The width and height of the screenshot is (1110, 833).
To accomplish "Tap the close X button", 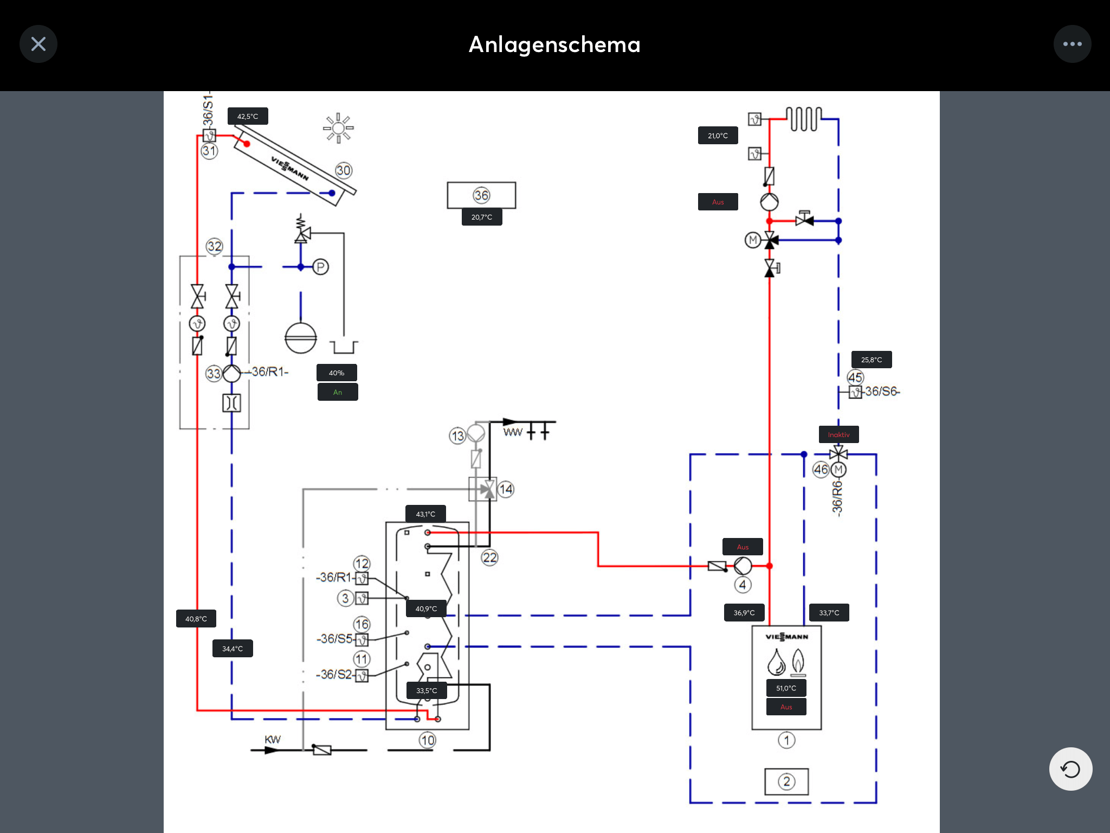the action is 38,44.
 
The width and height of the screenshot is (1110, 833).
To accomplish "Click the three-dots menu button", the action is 1072,44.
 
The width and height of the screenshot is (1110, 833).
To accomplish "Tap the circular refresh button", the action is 1070,769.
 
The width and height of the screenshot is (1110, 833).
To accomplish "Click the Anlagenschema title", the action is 554,44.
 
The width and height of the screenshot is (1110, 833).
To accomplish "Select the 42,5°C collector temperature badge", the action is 248,116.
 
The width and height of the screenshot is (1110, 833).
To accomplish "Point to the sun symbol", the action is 338,128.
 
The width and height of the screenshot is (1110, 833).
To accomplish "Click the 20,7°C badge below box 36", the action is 482,217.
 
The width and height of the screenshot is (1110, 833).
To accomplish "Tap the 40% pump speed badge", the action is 337,373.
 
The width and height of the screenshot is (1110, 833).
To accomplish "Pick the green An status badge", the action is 338,392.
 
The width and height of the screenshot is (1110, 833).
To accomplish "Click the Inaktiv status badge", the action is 839,434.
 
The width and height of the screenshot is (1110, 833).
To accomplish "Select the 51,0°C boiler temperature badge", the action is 786,688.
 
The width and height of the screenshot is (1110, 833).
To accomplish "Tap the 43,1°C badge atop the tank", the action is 426,514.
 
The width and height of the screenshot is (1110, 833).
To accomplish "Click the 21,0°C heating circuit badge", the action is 718,136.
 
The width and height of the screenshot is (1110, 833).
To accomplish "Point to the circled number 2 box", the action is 786,781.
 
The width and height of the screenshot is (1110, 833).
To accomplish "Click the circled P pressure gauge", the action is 321,267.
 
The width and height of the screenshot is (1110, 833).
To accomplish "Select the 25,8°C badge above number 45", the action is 872,360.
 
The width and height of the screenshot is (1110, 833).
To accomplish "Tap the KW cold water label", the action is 273,740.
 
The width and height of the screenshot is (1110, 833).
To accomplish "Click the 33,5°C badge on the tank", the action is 427,690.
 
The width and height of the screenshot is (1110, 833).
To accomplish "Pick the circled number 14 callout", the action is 506,489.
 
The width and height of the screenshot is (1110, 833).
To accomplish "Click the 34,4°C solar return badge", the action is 233,649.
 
